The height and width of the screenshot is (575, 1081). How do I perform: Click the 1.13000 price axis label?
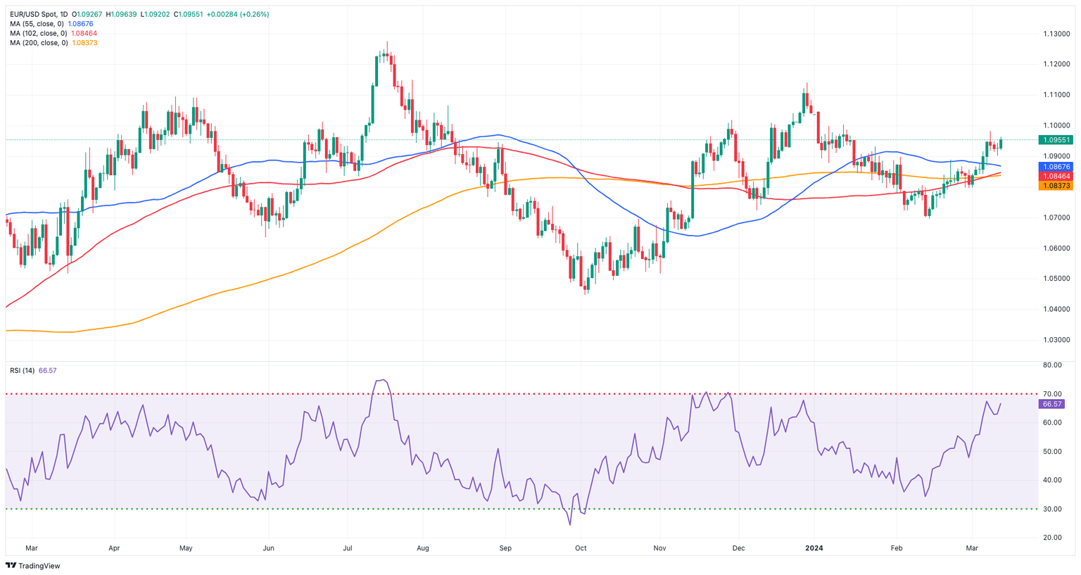(x=1056, y=34)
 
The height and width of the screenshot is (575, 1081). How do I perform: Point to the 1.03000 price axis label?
(x=1056, y=340)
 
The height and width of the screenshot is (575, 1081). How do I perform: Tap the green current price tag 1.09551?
(x=1056, y=140)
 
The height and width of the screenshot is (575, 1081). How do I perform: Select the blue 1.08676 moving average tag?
(x=1056, y=167)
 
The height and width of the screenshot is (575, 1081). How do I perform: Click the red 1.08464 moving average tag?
(x=1056, y=176)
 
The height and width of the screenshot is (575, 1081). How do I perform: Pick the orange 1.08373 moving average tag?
(x=1056, y=186)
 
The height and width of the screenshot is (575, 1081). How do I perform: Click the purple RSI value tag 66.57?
(x=1052, y=404)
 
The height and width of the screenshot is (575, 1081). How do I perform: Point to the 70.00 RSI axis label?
(x=1052, y=394)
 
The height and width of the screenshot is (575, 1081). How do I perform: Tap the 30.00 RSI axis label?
(x=1052, y=509)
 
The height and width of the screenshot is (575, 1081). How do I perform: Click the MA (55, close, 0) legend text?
(x=39, y=24)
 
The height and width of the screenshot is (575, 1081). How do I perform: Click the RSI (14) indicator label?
(x=22, y=370)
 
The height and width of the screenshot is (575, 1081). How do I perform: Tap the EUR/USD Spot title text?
(x=33, y=14)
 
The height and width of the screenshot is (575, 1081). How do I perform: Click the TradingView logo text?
(x=39, y=566)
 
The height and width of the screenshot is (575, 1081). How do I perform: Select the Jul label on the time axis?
(x=347, y=548)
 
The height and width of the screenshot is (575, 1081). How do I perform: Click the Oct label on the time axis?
(x=581, y=548)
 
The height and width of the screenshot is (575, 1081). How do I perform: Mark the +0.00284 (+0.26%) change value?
(x=238, y=14)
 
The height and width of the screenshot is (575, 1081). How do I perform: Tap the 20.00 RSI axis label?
(x=1052, y=538)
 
